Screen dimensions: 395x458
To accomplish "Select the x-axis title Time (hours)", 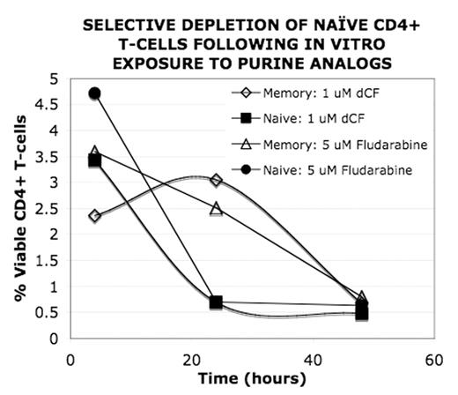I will (x=254, y=379).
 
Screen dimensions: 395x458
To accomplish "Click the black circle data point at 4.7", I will (x=95, y=93).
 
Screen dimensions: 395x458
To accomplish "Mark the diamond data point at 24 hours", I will (x=216, y=180).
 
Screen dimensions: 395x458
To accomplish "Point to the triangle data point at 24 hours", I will (x=216, y=208).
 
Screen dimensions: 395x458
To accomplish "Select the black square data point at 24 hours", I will (x=216, y=302).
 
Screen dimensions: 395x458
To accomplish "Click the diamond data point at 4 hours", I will (x=95, y=216).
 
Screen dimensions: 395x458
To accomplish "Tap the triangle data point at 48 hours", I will (x=361, y=297).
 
